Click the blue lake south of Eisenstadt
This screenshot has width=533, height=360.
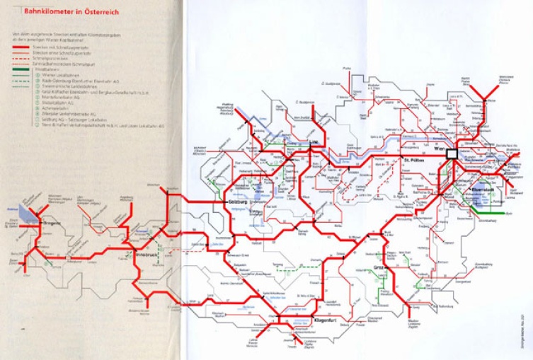pyautogui.click(x=481, y=204)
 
